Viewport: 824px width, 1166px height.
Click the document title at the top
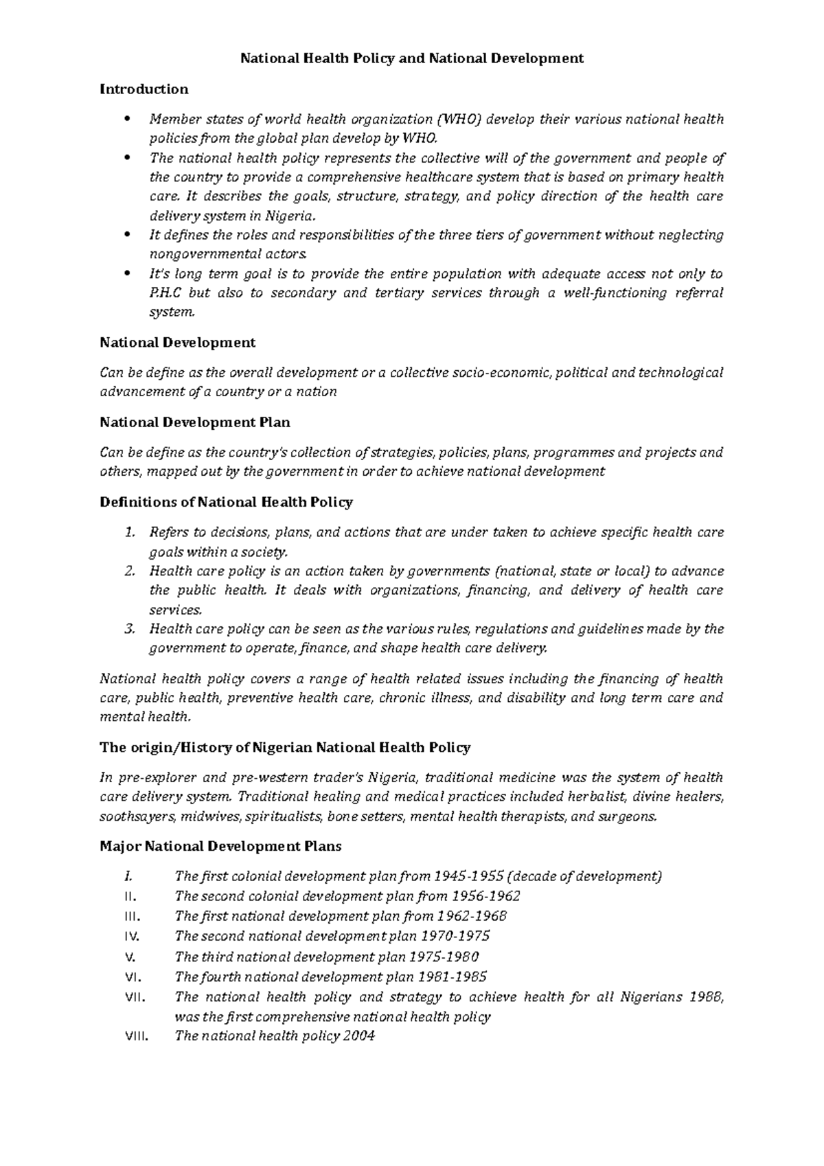(411, 58)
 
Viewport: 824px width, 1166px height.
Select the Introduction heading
(144, 89)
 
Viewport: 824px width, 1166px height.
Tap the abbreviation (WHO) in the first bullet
(460, 119)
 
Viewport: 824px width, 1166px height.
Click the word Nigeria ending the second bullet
(292, 216)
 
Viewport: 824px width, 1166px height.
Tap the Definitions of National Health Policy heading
(227, 502)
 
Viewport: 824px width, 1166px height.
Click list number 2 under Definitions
(130, 571)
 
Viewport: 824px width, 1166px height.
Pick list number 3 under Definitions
(130, 629)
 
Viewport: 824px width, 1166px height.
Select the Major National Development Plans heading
(220, 846)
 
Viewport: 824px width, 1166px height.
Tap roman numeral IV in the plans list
(133, 936)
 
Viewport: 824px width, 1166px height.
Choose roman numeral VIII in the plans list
(135, 1036)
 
